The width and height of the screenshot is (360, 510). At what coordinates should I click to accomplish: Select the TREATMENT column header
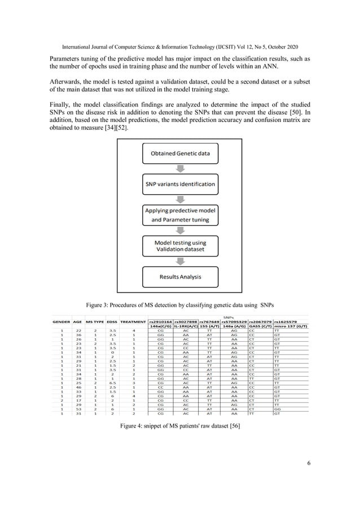(x=133, y=321)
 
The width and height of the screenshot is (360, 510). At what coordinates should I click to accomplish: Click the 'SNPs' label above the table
(x=231, y=317)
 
